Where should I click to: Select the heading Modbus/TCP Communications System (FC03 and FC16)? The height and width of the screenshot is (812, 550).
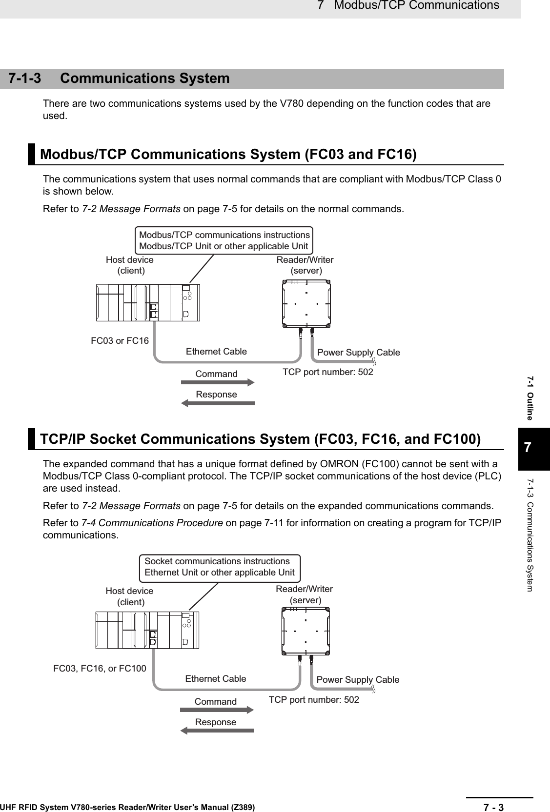click(228, 155)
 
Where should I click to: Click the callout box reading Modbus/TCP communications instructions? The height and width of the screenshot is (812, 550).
click(224, 240)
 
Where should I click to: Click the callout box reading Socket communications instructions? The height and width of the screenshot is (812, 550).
click(219, 567)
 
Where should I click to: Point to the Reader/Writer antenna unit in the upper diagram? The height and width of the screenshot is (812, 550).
click(306, 304)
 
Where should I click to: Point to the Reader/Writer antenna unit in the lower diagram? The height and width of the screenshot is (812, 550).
click(306, 631)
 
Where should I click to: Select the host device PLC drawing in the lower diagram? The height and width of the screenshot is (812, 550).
click(148, 630)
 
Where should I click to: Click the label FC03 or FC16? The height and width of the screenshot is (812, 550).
click(120, 341)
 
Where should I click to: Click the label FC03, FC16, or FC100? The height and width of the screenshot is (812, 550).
click(100, 668)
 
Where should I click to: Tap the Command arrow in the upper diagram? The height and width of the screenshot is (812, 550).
click(218, 382)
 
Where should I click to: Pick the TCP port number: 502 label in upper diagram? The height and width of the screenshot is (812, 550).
click(328, 372)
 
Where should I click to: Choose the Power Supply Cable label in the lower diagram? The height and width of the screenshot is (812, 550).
click(358, 679)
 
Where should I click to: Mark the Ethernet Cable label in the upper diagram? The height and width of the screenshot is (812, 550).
click(216, 352)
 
